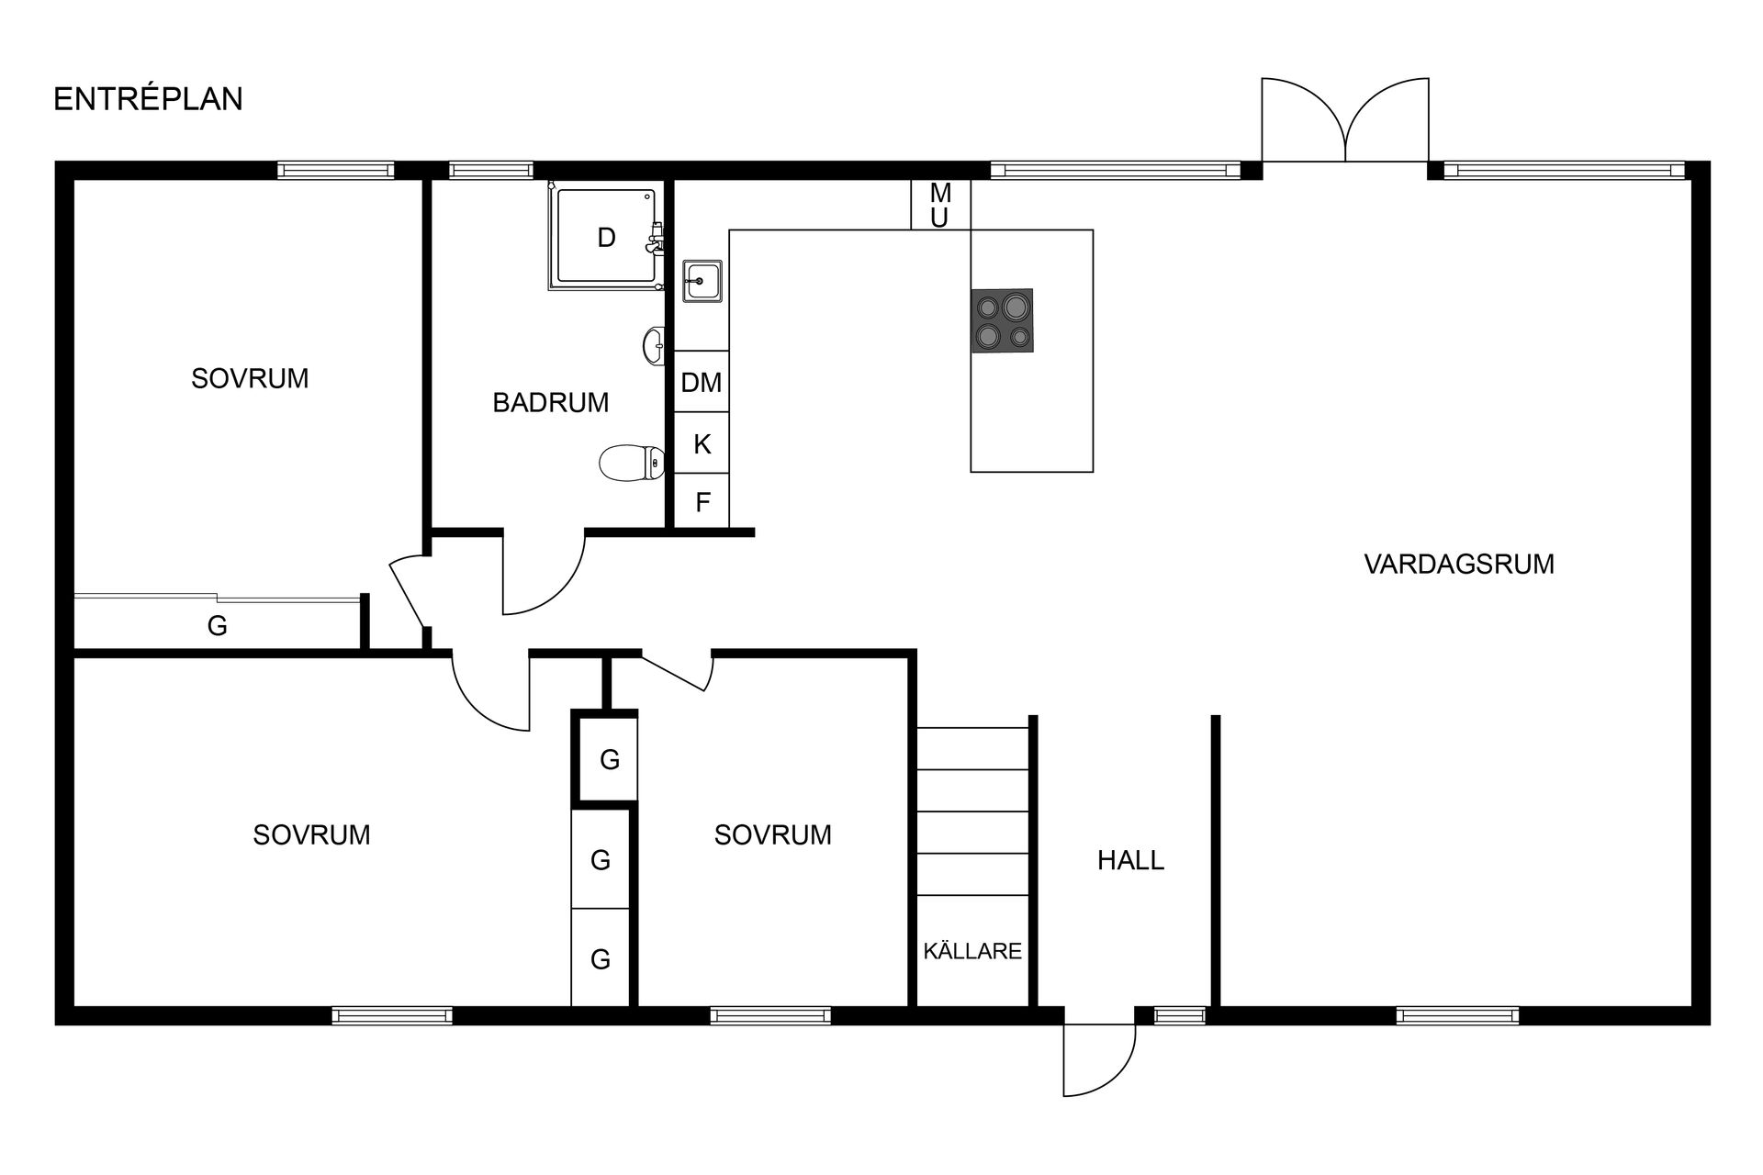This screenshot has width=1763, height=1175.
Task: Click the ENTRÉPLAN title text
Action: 148,99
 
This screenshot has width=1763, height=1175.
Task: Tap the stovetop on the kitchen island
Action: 1002,320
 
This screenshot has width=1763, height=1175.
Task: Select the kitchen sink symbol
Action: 702,280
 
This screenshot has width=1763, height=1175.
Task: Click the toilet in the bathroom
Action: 632,463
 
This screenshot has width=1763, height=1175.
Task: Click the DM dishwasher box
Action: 702,382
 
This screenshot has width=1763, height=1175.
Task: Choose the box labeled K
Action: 702,444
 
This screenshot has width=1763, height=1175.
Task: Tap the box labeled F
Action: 702,502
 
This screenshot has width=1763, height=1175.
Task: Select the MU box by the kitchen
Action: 939,205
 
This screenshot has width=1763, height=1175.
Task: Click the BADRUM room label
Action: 550,403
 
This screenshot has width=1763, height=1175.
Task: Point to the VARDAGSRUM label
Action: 1458,564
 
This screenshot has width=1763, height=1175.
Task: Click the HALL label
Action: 1130,860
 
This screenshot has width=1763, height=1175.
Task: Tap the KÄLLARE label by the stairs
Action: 972,951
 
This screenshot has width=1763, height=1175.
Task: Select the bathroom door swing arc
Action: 546,578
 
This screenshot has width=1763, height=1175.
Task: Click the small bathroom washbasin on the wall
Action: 654,346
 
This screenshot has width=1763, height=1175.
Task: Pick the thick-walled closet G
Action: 609,759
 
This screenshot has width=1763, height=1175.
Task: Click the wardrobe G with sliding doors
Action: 217,626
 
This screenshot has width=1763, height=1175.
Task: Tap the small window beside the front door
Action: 1179,1015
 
